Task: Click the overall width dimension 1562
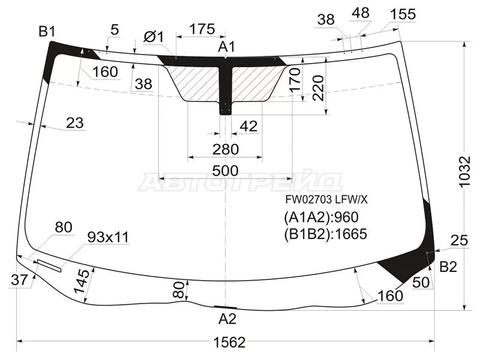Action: [x=230, y=343]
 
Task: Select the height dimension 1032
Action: [x=464, y=172]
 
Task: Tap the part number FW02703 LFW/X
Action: [x=326, y=200]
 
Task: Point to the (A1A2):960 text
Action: [x=321, y=217]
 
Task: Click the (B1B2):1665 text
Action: [x=325, y=235]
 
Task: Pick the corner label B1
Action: [x=47, y=31]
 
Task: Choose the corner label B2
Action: [x=448, y=267]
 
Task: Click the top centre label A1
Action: [x=227, y=47]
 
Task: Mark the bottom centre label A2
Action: [x=227, y=319]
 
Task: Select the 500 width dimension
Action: [x=226, y=170]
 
